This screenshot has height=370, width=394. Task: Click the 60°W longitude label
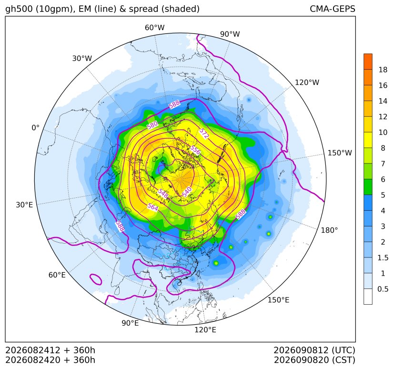click(154, 28)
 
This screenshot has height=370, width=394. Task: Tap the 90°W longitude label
click(230, 34)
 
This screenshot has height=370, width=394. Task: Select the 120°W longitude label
click(307, 82)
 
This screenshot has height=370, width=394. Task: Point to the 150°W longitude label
click(340, 153)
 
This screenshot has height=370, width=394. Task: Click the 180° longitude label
click(329, 230)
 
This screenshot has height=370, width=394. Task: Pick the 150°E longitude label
click(278, 300)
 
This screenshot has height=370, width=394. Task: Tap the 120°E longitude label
click(205, 330)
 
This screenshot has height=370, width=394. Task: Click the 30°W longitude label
click(82, 59)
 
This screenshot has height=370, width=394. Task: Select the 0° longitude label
click(35, 128)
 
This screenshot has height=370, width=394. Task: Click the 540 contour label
click(187, 192)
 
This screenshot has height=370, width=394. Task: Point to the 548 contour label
click(163, 194)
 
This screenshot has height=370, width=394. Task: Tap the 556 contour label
click(195, 150)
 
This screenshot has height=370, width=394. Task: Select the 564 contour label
click(153, 207)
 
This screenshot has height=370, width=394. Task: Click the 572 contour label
click(204, 134)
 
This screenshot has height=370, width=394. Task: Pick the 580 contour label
click(152, 125)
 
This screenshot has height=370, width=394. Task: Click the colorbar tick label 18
click(383, 70)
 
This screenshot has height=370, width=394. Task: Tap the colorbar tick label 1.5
click(383, 257)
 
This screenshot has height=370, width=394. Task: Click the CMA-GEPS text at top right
click(333, 9)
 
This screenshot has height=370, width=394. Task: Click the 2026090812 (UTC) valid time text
click(314, 350)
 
